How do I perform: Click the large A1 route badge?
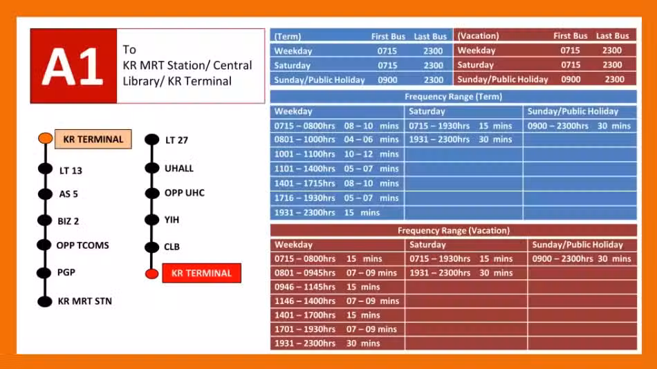pos(74,66)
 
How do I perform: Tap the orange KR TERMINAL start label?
pos(93,139)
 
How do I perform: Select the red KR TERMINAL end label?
pos(201,273)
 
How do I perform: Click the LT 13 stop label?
pos(71,171)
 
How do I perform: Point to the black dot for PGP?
pos(44,273)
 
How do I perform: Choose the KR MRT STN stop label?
pos(84,301)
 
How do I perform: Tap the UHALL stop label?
pos(179,169)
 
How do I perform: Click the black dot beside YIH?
pos(151,220)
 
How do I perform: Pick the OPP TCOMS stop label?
pos(82,245)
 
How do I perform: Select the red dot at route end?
pos(151,274)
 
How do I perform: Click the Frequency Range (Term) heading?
pos(454,97)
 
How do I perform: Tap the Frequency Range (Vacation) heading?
pos(454,230)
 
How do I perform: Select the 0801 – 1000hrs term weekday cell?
pos(337,140)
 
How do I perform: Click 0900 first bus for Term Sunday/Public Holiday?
pos(387,80)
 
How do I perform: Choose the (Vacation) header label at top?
pos(478,36)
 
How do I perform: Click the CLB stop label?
pos(172,247)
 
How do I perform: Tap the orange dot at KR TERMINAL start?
pos(45,138)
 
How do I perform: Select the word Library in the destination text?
pos(141,82)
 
